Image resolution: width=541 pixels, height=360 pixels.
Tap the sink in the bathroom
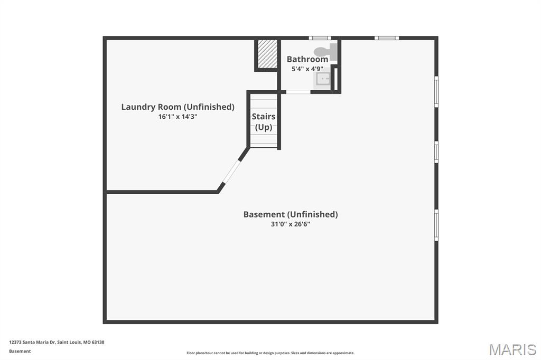323,80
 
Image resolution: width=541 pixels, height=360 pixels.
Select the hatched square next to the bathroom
267,54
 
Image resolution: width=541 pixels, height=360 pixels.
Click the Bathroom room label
307,59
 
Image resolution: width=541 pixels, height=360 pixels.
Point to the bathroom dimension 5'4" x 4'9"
307,69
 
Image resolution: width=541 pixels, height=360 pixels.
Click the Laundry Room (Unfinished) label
178,107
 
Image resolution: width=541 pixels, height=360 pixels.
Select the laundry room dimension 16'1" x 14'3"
178,117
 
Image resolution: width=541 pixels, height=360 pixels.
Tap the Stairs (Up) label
263,121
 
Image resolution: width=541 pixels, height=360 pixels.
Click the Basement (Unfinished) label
290,214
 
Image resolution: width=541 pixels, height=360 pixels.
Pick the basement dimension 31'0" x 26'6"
290,224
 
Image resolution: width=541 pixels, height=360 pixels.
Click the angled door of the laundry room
231,170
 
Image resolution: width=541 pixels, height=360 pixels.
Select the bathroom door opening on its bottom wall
298,92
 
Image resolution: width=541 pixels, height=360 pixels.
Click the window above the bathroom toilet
320,38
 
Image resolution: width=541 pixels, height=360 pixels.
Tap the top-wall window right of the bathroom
387,38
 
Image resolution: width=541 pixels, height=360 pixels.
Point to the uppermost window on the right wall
436,92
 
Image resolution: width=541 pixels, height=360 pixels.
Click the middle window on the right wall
436,152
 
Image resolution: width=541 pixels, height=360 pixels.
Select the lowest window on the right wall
436,225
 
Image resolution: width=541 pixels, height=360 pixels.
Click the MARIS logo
512,349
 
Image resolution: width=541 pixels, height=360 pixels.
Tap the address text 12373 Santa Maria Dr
57,342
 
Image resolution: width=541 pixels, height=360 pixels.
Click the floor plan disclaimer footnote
270,353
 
